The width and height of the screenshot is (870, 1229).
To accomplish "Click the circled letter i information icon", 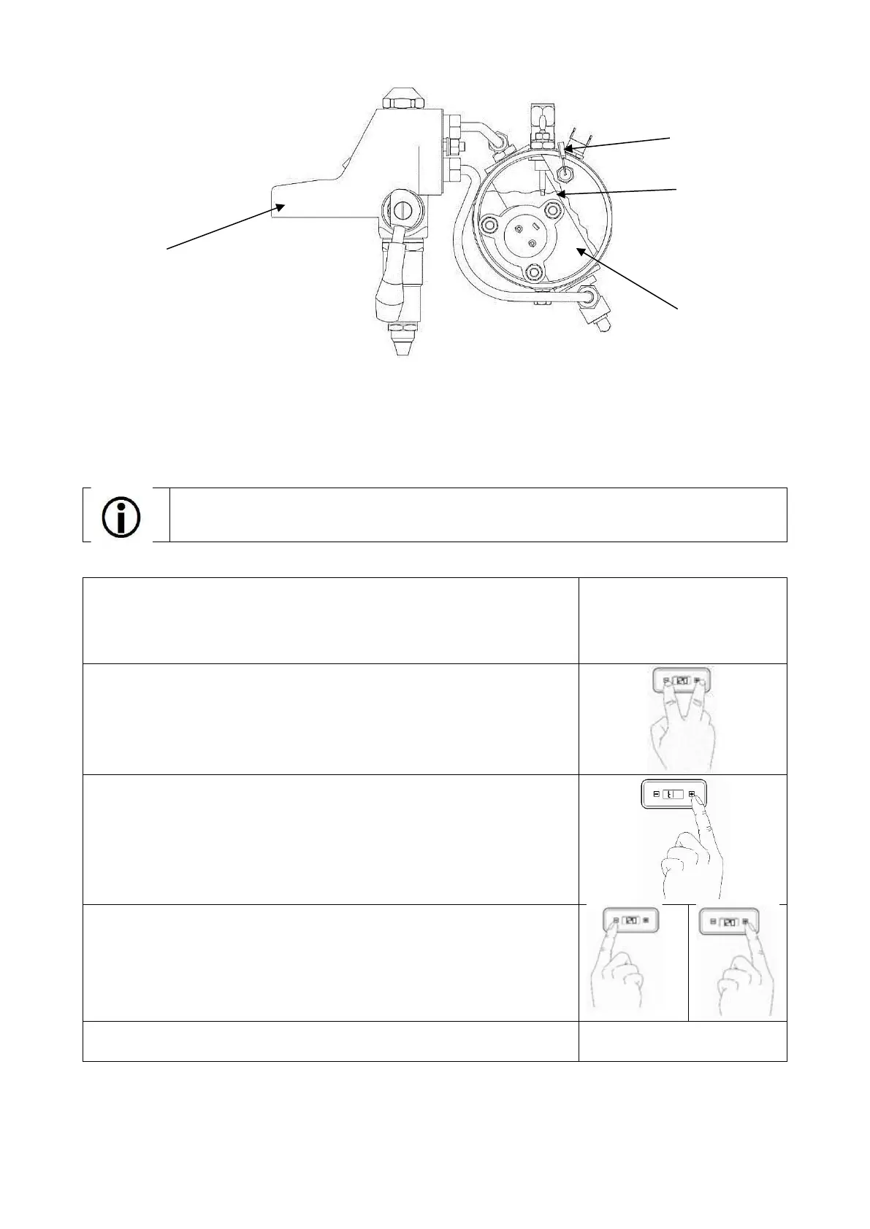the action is pyautogui.click(x=122, y=517).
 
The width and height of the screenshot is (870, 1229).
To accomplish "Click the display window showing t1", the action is pyautogui.click(x=673, y=795).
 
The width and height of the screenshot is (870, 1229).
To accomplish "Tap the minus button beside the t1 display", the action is pyautogui.click(x=655, y=795).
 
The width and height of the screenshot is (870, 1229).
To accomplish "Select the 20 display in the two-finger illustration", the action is pyautogui.click(x=681, y=682).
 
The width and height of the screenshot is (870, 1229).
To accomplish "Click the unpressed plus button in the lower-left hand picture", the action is pyautogui.click(x=646, y=921).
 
